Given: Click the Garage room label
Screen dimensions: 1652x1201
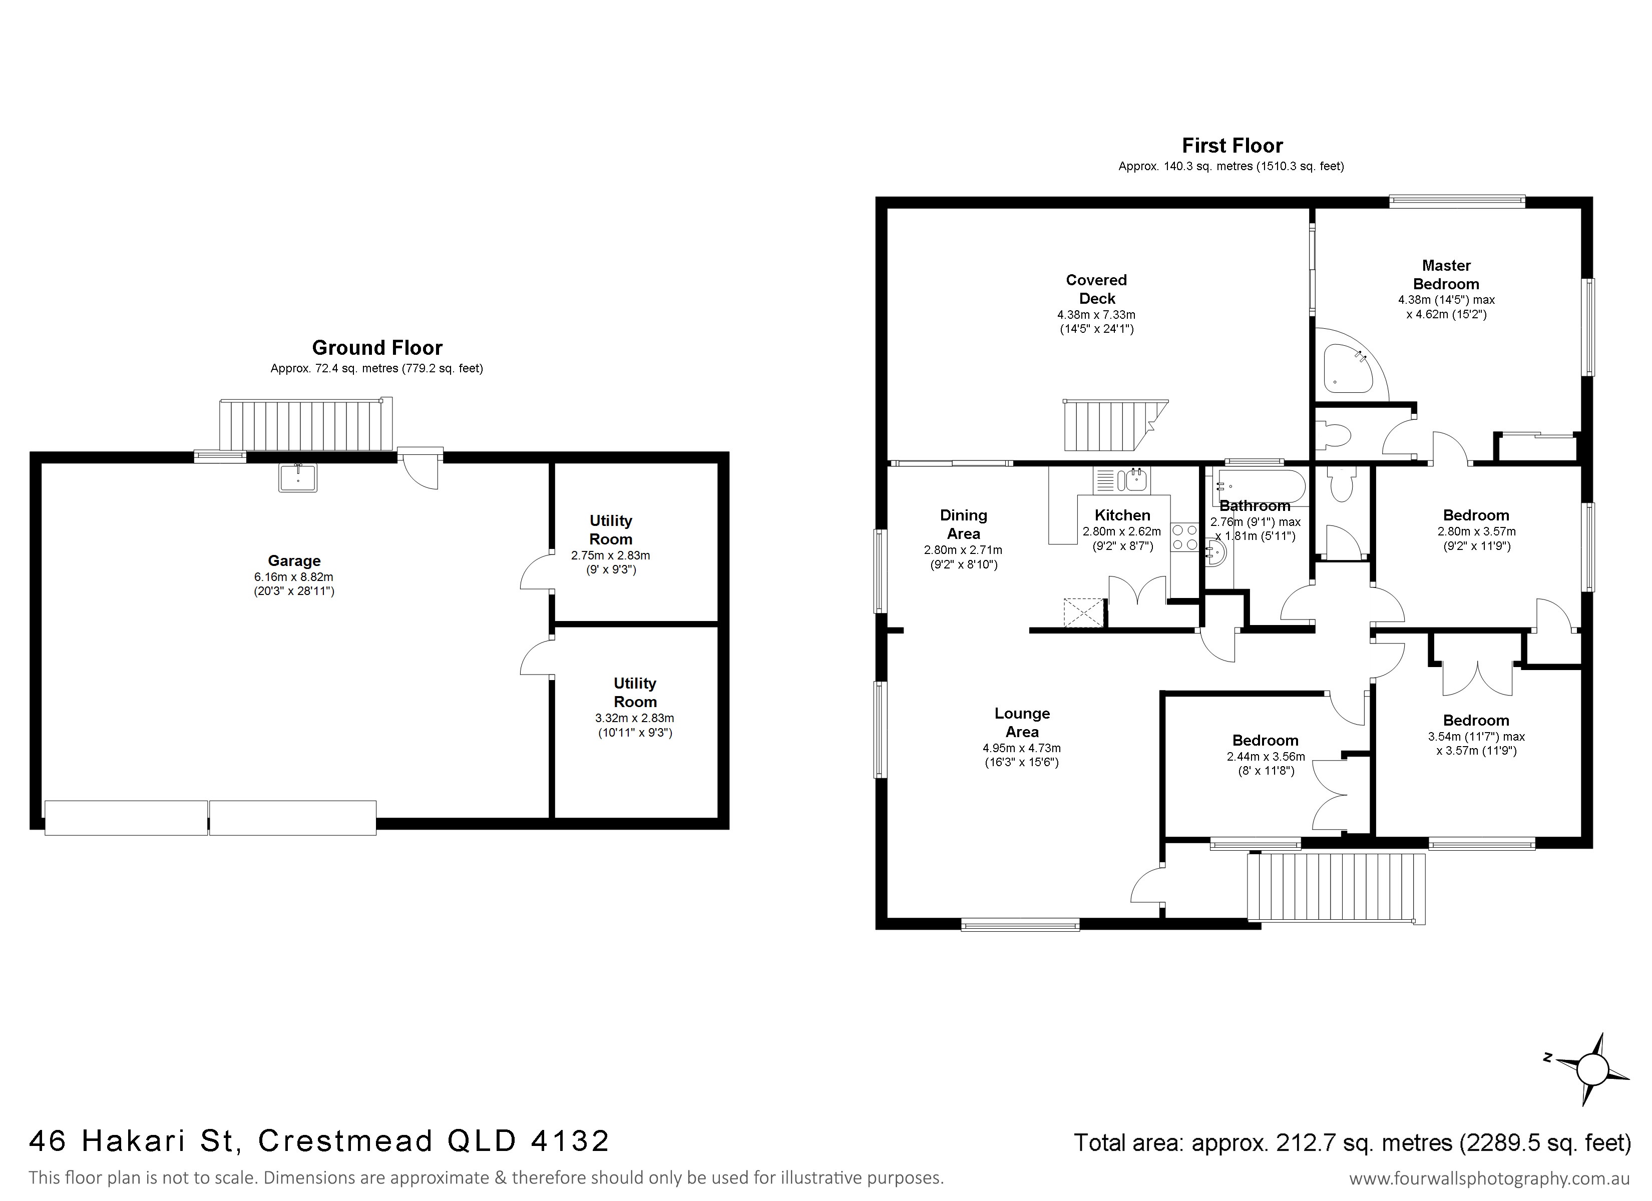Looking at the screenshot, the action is coord(294,561).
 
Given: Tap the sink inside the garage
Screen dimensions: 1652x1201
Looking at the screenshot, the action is coord(298,478).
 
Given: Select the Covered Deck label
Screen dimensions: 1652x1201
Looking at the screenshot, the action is coord(1096,289).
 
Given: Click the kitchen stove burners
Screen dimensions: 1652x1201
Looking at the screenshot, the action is coord(1185,537).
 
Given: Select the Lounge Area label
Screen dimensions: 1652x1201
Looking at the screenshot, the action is coord(1022,723).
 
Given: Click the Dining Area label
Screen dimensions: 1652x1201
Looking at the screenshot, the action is coord(963,524).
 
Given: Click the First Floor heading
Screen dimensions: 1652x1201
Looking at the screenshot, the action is coord(1232,146).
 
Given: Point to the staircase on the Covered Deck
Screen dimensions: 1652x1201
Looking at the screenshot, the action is coord(1114,425).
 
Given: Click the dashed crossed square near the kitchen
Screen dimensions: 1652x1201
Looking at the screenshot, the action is coord(1085,613).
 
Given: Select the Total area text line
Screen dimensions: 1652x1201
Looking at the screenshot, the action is coord(1353,1142).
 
